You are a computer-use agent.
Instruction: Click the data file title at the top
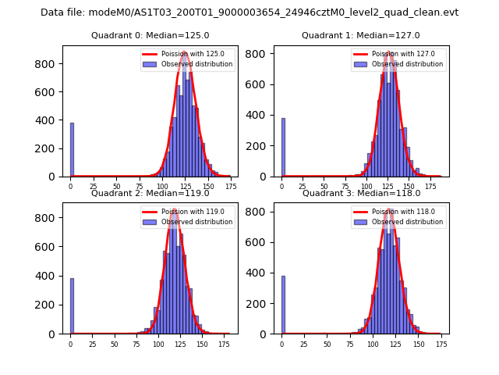click(249, 12)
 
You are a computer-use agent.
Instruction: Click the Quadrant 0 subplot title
click(150, 35)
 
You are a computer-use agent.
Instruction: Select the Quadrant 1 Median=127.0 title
click(360, 35)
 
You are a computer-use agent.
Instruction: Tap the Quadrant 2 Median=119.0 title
click(150, 193)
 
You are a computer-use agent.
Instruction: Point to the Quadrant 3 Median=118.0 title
click(360, 193)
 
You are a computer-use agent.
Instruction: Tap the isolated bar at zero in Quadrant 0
click(72, 149)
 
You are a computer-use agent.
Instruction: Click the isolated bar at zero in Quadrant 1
click(283, 148)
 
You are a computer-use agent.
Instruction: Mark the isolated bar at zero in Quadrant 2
click(72, 306)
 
